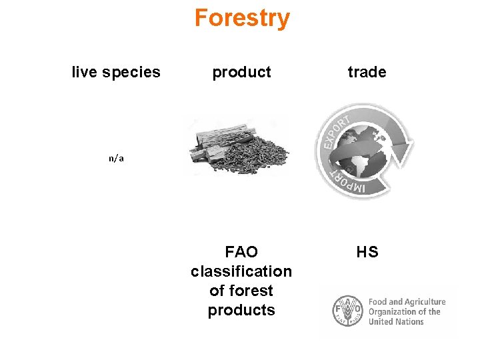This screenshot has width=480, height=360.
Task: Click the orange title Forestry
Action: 242,18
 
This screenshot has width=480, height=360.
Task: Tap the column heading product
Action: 241,72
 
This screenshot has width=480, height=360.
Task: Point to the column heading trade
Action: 367,72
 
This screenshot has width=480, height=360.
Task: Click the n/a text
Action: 117,159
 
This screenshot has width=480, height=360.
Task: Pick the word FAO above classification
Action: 241,252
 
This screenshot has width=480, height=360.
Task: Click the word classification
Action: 241,271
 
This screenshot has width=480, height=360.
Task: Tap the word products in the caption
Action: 241,310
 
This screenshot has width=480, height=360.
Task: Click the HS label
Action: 367,252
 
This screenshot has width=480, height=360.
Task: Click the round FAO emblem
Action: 347,311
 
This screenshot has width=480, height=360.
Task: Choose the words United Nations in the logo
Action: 396,321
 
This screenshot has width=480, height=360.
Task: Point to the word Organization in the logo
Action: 394,311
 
